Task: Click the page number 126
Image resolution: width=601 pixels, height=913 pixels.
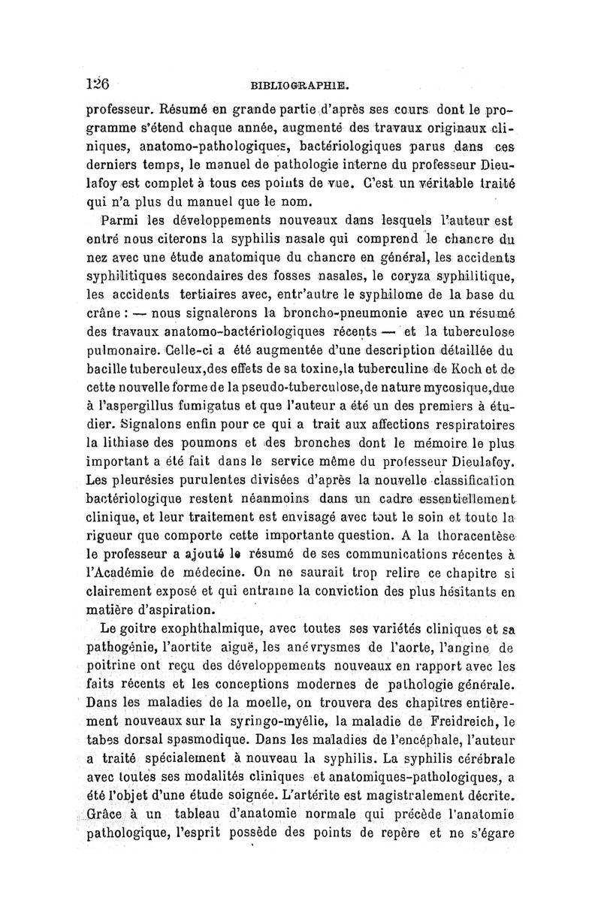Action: coord(98,83)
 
